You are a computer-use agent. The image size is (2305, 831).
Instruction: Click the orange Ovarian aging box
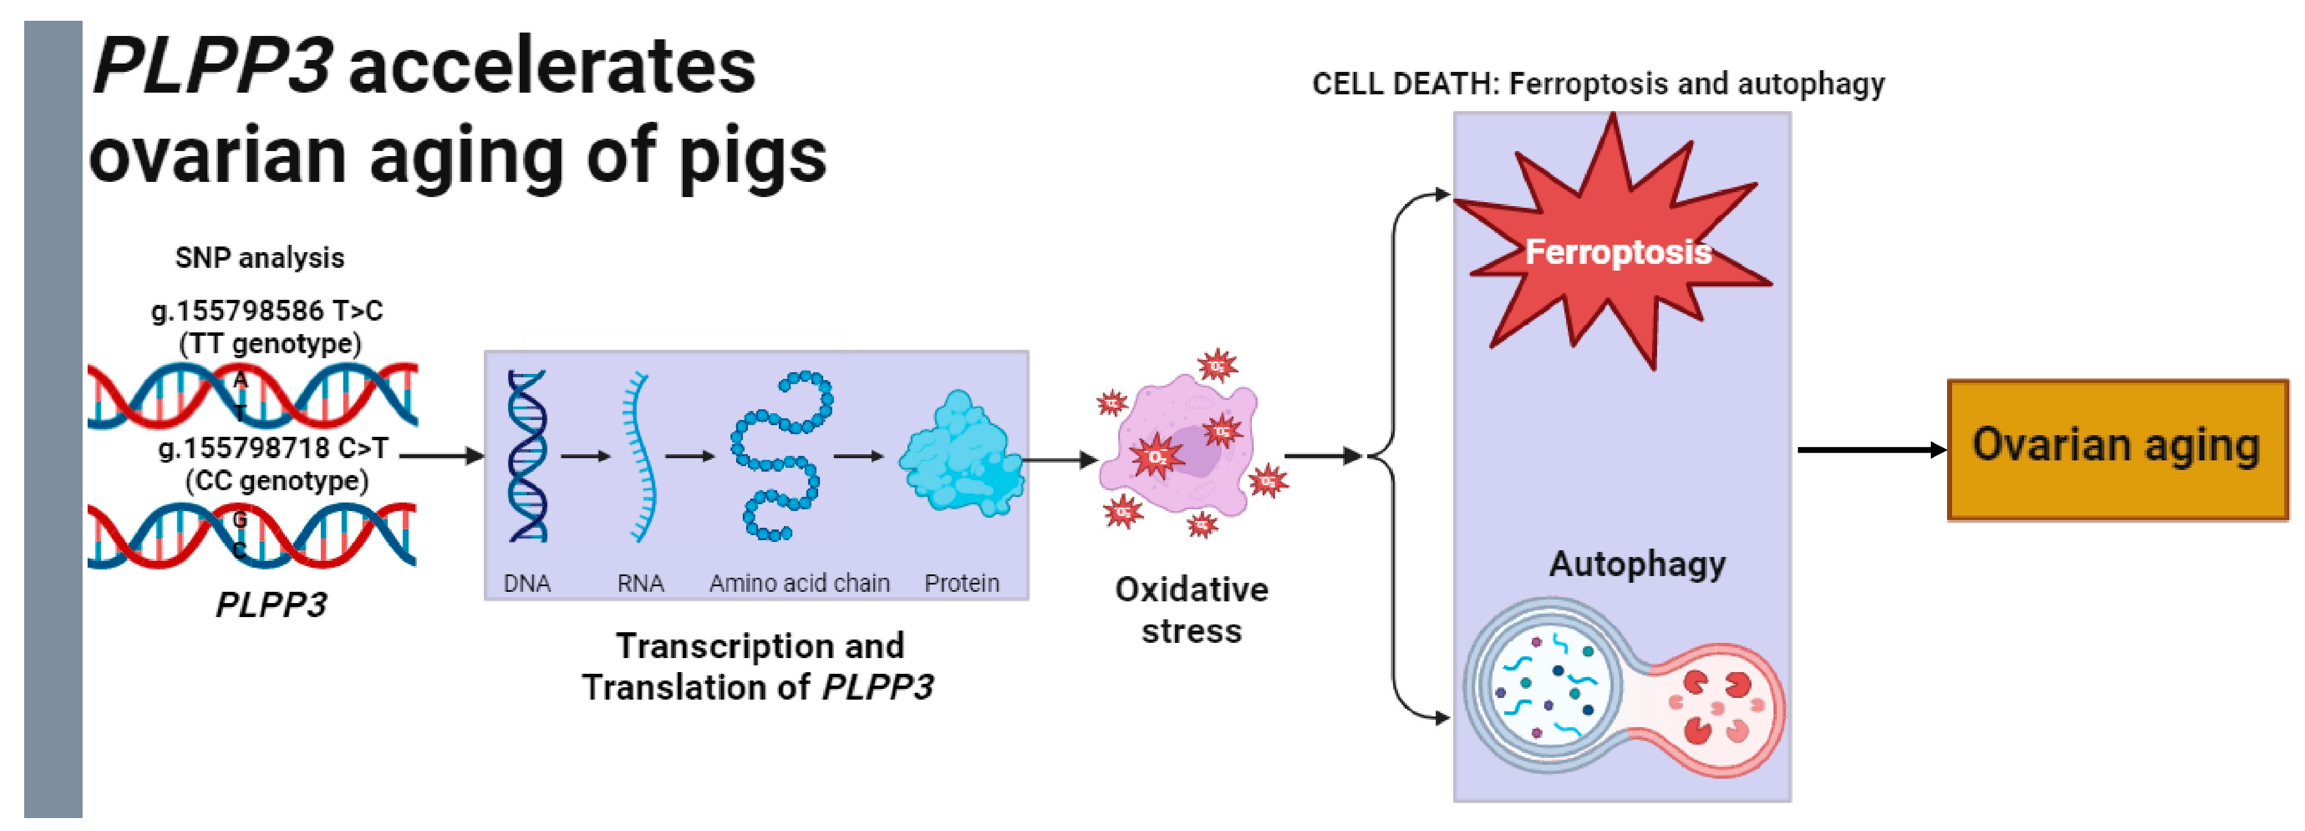click(x=2117, y=449)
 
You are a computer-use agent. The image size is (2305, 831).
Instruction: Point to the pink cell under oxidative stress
click(x=1181, y=448)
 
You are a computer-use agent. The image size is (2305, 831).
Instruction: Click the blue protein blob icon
click(x=962, y=455)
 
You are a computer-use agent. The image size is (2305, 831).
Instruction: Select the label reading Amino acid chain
click(x=799, y=583)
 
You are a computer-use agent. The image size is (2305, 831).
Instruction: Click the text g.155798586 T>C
click(x=267, y=311)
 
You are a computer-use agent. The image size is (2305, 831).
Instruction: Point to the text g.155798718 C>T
click(x=273, y=448)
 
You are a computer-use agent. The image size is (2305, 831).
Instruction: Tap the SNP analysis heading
click(x=260, y=258)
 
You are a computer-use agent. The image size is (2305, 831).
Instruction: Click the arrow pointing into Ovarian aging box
click(x=1870, y=449)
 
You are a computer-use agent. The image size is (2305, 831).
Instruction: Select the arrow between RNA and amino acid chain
click(x=689, y=456)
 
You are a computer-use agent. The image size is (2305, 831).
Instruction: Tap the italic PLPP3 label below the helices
click(x=271, y=605)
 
